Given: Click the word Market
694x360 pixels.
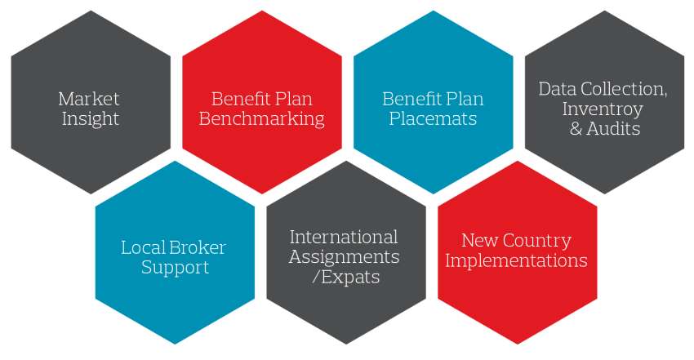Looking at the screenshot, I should click(x=89, y=99).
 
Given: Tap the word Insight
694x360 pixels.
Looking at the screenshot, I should click(x=89, y=119).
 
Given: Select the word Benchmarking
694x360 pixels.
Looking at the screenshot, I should click(x=261, y=119).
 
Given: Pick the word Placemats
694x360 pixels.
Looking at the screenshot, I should click(x=433, y=119).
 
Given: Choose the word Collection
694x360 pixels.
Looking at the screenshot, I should click(x=625, y=89).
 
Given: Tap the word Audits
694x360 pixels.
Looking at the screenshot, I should click(x=614, y=129).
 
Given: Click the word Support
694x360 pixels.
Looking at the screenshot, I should click(x=175, y=268).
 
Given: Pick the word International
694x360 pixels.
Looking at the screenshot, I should click(x=344, y=238).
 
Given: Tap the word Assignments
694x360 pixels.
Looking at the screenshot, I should click(x=345, y=257).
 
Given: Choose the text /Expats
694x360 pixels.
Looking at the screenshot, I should click(x=346, y=278).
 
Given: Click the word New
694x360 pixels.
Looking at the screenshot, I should click(x=479, y=241).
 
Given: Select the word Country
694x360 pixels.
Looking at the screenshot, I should click(x=536, y=241).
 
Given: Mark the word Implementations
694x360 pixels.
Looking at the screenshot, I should click(x=516, y=261).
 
